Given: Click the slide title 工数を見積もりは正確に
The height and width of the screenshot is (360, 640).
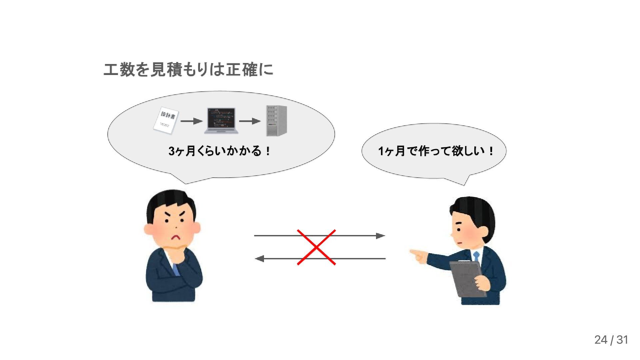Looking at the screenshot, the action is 188,70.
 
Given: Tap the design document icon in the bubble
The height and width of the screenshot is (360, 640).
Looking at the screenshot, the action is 166,121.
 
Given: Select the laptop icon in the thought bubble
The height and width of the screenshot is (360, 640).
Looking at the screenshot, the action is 221,120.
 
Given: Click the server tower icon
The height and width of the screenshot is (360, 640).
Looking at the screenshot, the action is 276,121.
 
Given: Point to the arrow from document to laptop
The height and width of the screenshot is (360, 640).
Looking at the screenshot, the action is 191,121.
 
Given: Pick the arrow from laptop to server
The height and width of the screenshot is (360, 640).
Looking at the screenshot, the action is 250,121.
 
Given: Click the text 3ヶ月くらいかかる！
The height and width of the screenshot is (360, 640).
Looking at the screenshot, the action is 220,151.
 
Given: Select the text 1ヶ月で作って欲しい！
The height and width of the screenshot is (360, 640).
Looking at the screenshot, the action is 436,151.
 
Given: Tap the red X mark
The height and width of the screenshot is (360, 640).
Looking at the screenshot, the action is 316,247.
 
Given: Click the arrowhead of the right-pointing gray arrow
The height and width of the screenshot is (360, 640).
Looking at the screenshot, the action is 381,236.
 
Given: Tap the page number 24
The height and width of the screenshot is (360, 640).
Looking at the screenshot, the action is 601,340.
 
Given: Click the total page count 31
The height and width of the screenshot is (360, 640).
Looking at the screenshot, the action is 622,340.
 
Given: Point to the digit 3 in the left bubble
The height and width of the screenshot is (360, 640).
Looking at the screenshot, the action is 172,151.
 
